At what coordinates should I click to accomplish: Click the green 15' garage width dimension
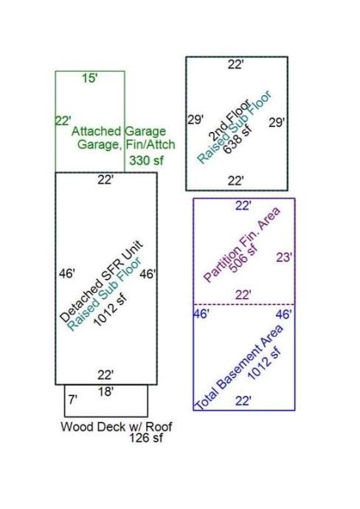(89, 78)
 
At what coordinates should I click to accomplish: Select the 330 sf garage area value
(146, 160)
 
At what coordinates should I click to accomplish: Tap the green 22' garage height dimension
(62, 121)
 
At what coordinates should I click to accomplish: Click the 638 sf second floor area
(238, 139)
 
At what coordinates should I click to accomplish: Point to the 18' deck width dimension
(105, 392)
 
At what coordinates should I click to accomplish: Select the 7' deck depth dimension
(72, 400)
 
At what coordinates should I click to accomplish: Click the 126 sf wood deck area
(146, 438)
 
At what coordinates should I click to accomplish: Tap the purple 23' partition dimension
(284, 257)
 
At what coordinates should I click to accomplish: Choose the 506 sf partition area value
(243, 258)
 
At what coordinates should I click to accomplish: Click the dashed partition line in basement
(244, 304)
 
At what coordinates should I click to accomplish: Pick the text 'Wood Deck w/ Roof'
(117, 426)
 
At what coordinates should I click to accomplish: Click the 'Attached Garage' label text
(119, 131)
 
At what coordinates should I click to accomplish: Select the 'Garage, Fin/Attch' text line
(126, 145)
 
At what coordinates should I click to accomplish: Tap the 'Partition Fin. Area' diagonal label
(241, 244)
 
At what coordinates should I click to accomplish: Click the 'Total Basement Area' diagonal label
(238, 367)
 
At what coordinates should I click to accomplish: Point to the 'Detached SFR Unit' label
(101, 282)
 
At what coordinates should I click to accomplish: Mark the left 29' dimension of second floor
(195, 120)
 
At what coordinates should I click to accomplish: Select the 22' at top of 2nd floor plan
(235, 65)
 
